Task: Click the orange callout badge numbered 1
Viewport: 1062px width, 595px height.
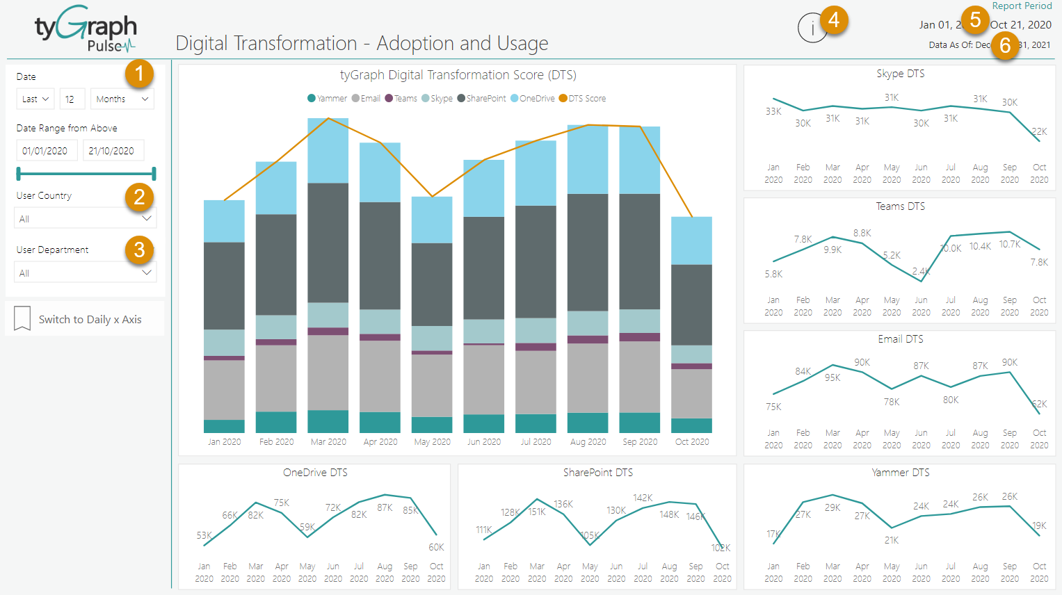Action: point(139,73)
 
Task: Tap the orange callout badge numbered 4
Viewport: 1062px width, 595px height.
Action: point(834,20)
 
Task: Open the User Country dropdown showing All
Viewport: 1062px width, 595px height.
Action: point(85,218)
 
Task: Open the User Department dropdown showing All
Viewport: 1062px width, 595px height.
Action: point(85,272)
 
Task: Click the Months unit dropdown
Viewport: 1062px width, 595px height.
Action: point(122,99)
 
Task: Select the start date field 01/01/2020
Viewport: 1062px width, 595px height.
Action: point(46,150)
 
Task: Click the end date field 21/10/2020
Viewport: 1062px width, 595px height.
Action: point(113,150)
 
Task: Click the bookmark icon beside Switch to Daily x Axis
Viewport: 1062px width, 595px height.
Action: point(22,319)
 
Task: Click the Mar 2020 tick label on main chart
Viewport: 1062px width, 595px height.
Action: point(328,441)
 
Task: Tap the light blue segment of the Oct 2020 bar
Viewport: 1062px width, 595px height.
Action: point(691,240)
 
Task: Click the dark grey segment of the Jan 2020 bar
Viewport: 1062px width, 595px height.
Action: point(224,285)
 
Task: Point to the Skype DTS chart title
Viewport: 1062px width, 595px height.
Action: point(900,73)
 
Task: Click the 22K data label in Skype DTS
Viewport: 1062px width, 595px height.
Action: point(1039,131)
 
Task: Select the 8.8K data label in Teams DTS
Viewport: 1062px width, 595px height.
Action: point(862,233)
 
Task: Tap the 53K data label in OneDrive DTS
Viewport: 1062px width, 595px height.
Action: point(204,535)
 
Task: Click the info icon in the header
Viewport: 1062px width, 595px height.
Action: point(812,28)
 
